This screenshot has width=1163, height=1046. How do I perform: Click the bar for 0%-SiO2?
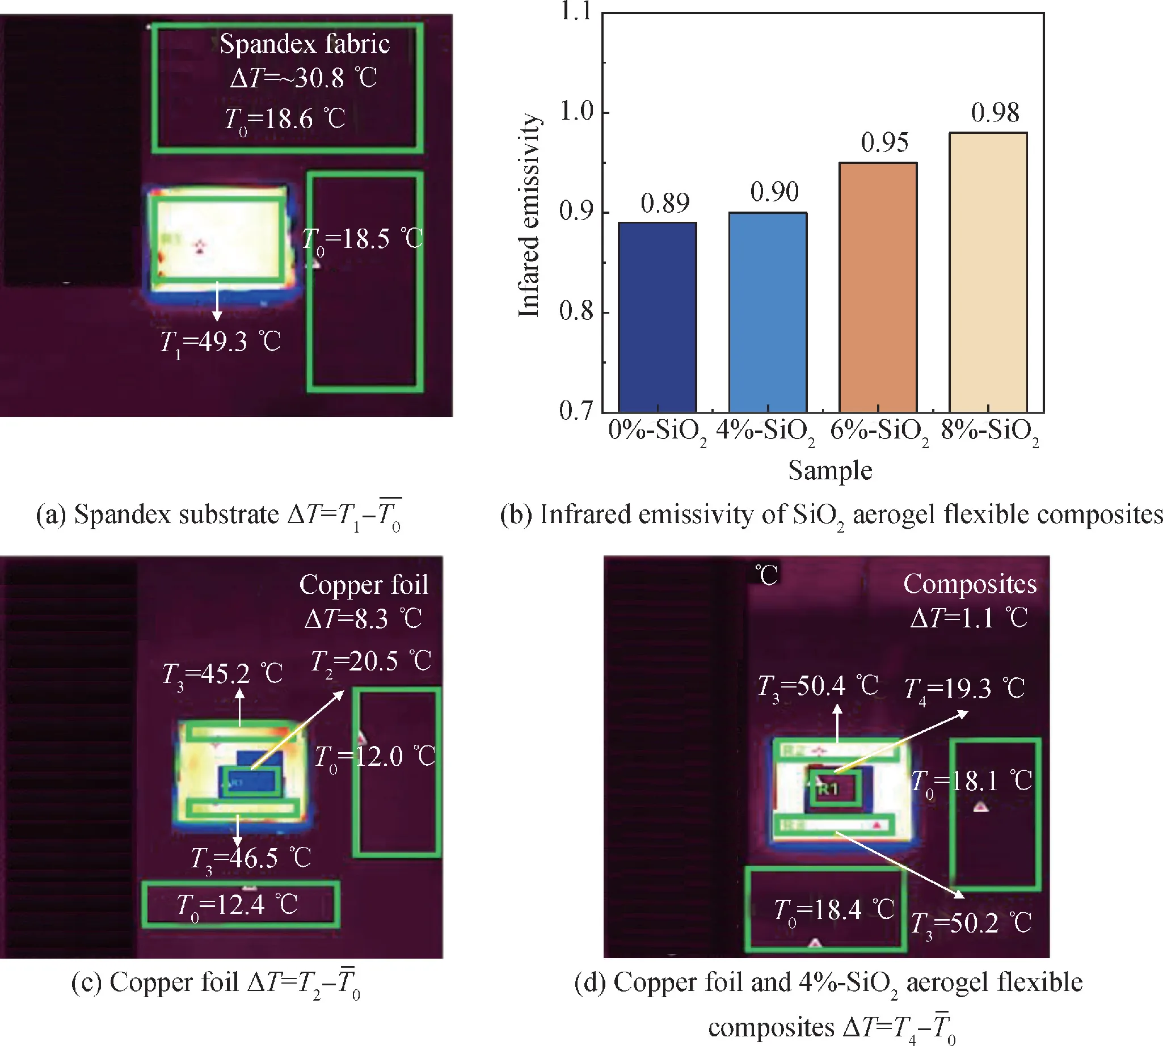[657, 317]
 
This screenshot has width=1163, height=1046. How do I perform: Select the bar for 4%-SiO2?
[768, 312]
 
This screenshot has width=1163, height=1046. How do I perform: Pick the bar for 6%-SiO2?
[878, 288]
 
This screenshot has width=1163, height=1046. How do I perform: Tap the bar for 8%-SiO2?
[988, 272]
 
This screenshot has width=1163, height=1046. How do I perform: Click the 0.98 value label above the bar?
[995, 113]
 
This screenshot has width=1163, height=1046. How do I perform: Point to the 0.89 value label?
[664, 204]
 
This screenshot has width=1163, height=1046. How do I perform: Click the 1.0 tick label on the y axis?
[576, 112]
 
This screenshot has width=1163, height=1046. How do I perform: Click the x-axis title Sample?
[829, 471]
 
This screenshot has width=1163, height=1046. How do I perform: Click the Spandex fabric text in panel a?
[305, 44]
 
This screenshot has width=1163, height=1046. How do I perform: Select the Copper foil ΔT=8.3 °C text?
[363, 601]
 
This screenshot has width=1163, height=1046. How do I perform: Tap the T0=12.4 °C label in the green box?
[237, 905]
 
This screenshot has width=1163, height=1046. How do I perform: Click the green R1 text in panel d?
[828, 789]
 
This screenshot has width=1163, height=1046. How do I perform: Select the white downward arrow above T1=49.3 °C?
[217, 301]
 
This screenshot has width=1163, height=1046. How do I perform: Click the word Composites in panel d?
[970, 584]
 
